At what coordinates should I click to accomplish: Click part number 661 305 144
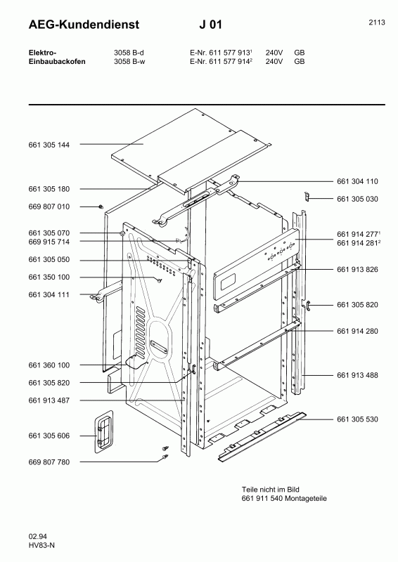click(x=49, y=145)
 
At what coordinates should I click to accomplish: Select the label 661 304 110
click(x=357, y=181)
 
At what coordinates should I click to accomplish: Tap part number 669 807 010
click(x=49, y=207)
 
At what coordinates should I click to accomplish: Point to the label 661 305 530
click(x=357, y=419)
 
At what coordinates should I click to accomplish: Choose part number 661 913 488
click(x=357, y=375)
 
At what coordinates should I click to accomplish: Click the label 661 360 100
click(x=49, y=365)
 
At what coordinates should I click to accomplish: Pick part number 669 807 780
click(x=49, y=462)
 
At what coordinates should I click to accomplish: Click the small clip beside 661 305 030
click(x=307, y=197)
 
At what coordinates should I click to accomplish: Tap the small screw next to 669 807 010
click(x=101, y=207)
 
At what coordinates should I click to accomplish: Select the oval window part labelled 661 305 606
click(x=103, y=432)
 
